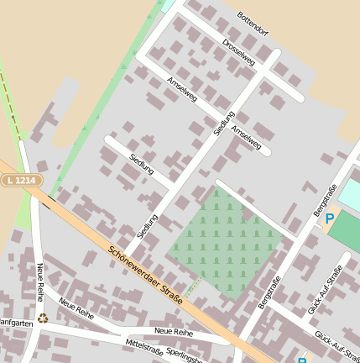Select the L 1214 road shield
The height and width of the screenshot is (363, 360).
point(20,180)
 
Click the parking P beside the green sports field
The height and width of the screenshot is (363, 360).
point(330,218)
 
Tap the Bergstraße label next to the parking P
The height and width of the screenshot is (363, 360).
point(325,199)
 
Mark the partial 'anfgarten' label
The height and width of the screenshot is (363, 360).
point(17,323)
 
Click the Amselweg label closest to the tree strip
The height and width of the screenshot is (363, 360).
point(181,91)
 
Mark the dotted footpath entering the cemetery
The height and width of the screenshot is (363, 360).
point(193,288)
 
